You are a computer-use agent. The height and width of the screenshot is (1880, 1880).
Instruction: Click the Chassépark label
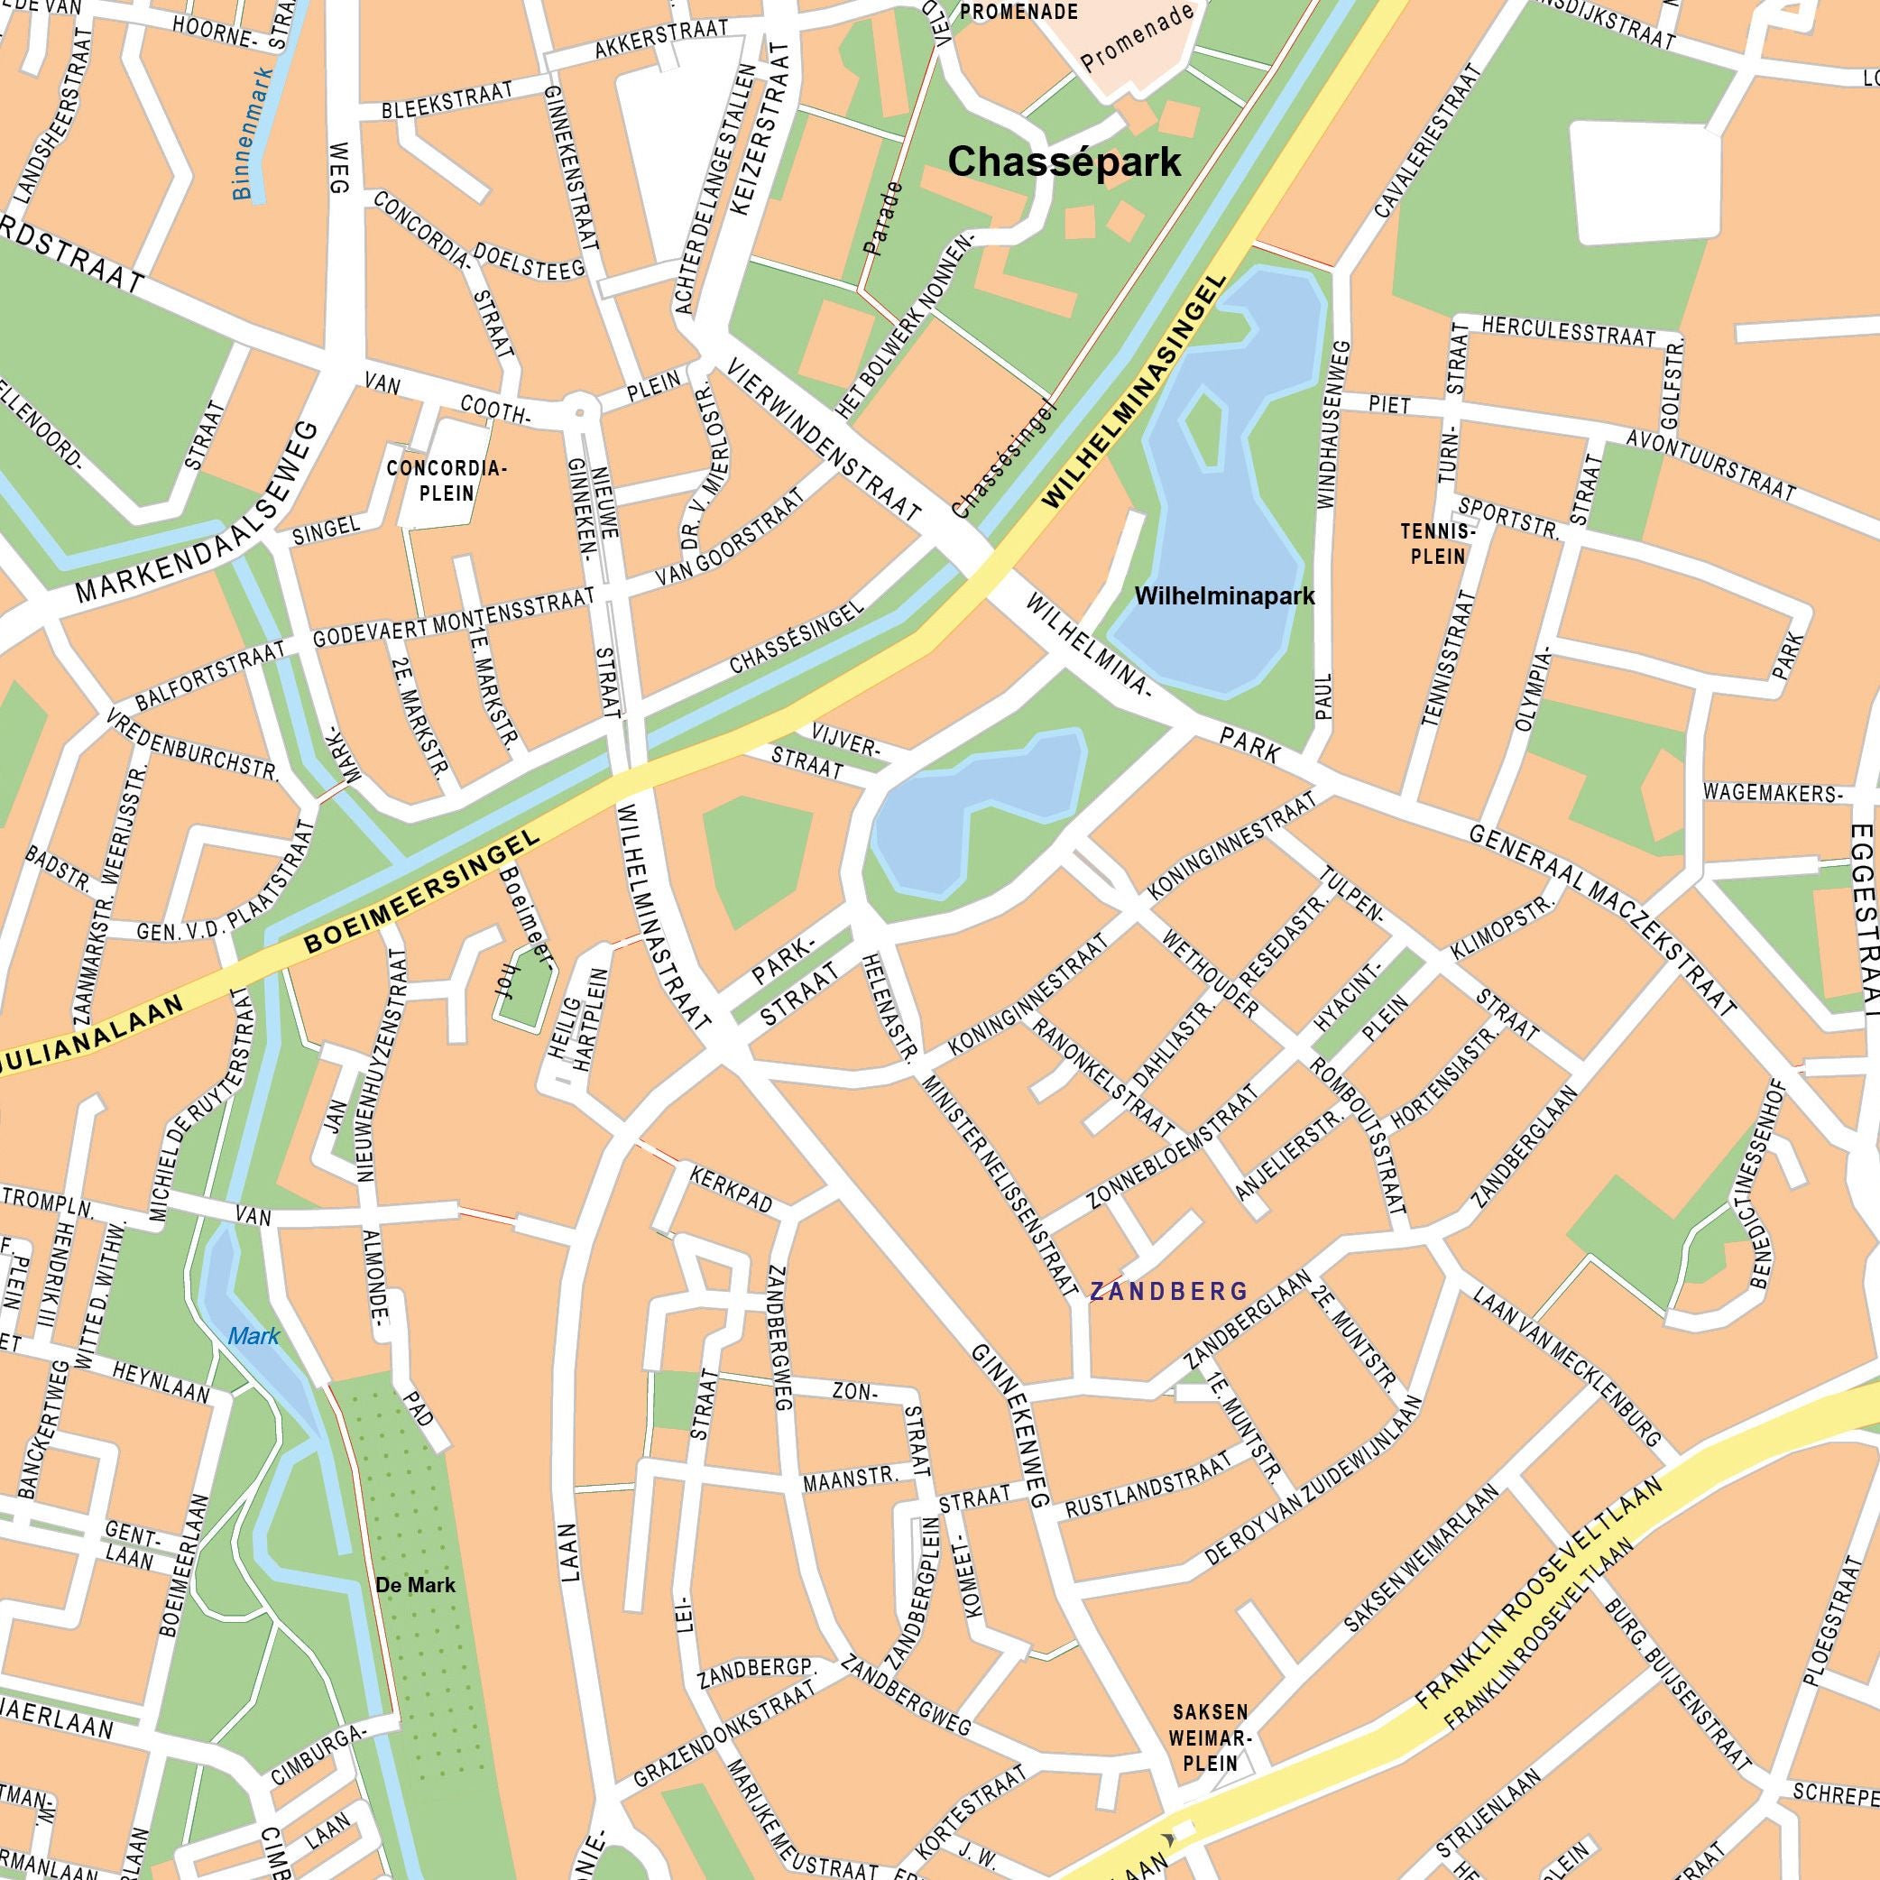pyautogui.click(x=1064, y=161)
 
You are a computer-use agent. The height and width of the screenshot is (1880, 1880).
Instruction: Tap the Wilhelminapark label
pyautogui.click(x=1224, y=594)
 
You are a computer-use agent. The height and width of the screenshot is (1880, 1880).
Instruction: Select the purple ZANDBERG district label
pyautogui.click(x=1167, y=1291)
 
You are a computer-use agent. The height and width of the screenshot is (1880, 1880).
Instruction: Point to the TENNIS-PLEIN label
pyautogui.click(x=1438, y=544)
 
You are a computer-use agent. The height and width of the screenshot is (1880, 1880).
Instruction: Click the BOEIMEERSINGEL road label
pyautogui.click(x=422, y=890)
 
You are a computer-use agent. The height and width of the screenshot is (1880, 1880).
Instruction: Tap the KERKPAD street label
pyautogui.click(x=731, y=1189)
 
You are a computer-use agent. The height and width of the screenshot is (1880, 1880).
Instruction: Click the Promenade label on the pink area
pyautogui.click(x=1136, y=39)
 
